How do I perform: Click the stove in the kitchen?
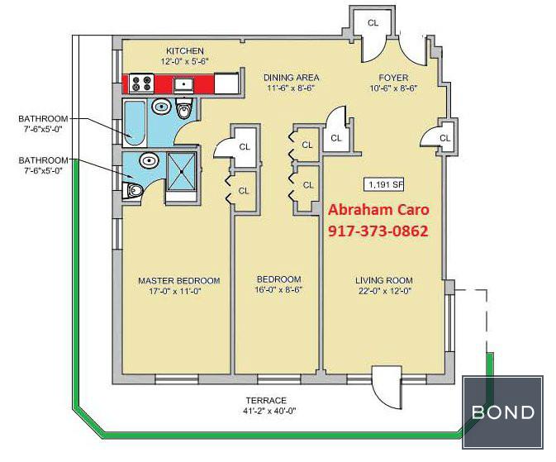click(141, 83)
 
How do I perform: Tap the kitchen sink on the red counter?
click(183, 84)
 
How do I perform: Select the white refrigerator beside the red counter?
click(226, 83)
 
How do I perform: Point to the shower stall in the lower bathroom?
click(181, 171)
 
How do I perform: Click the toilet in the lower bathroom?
click(133, 190)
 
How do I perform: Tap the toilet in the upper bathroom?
click(184, 108)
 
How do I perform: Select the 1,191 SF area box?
click(384, 184)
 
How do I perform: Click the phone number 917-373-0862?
click(378, 231)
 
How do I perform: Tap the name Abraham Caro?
click(378, 209)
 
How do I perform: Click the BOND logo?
click(503, 412)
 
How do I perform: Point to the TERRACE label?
click(266, 401)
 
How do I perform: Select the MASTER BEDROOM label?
click(179, 281)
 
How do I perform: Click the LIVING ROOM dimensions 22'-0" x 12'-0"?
click(384, 291)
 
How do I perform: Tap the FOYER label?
click(393, 78)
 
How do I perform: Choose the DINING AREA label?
click(291, 78)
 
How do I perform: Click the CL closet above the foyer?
click(373, 23)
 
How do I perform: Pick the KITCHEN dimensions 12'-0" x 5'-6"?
click(185, 61)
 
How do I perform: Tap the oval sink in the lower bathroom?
click(149, 160)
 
